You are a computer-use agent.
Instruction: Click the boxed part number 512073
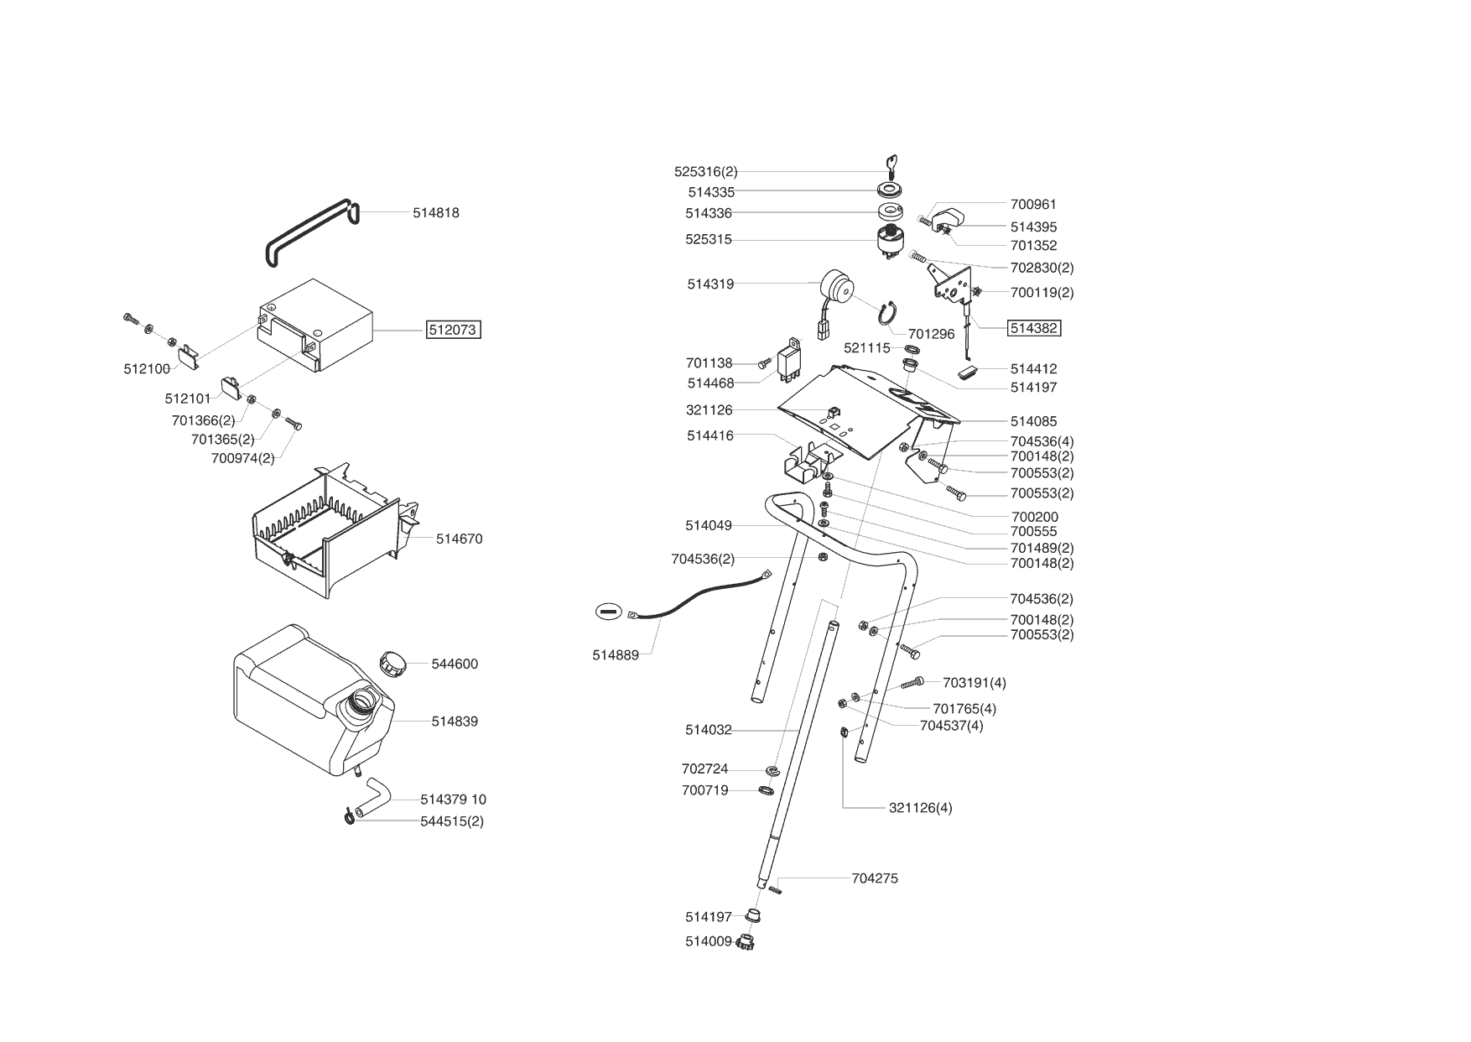tap(453, 330)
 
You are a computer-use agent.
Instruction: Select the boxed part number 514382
tap(1033, 328)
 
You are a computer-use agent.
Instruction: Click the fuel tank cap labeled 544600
tap(393, 663)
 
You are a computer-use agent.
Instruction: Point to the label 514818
tap(435, 213)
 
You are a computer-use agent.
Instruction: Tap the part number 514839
tap(455, 722)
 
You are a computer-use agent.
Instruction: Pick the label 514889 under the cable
tap(616, 655)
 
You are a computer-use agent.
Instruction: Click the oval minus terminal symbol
tap(608, 612)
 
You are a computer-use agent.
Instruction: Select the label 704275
tap(875, 878)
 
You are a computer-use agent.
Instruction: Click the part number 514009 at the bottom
tap(709, 941)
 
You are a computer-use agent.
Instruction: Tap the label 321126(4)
tap(920, 808)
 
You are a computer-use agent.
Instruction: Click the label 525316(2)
tap(705, 172)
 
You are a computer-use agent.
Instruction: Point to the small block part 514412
tap(969, 371)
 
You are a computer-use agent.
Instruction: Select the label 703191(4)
tap(975, 683)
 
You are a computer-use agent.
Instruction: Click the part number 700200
tap(1035, 517)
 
